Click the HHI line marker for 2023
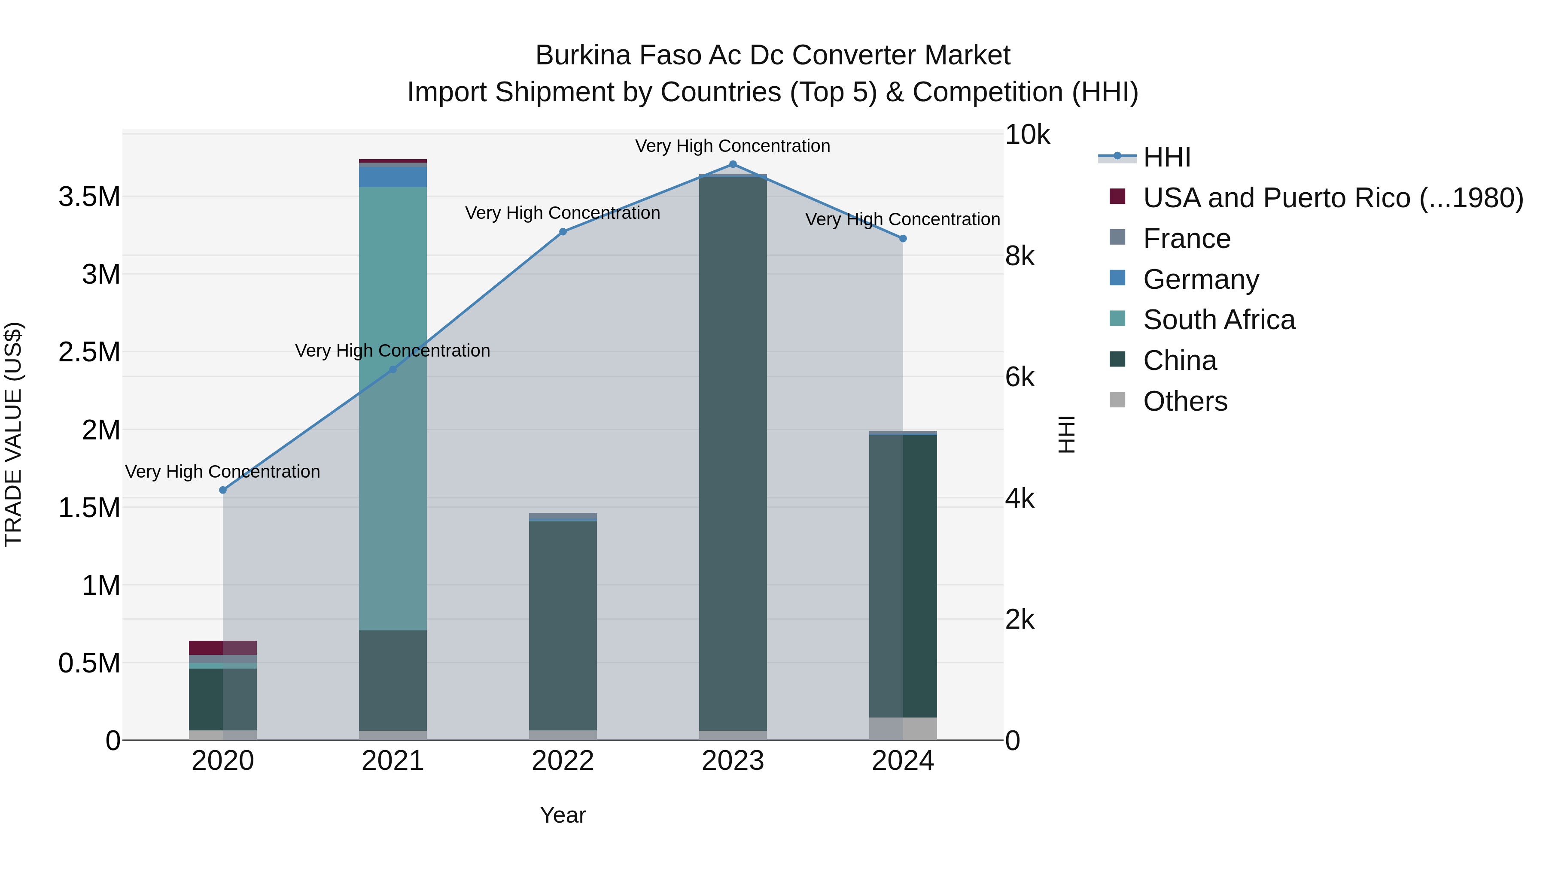coord(733,164)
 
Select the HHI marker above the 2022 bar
coord(563,231)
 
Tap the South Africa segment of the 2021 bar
coord(393,408)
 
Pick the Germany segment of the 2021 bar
coord(393,177)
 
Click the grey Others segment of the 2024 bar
coord(903,729)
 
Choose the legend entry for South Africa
coord(1218,320)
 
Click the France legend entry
coord(1187,239)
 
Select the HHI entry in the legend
coord(1166,157)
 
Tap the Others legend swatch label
coord(1185,401)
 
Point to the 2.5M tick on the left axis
coord(89,352)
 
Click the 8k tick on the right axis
coord(1019,256)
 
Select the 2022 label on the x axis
coord(563,761)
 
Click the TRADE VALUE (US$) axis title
coord(13,434)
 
